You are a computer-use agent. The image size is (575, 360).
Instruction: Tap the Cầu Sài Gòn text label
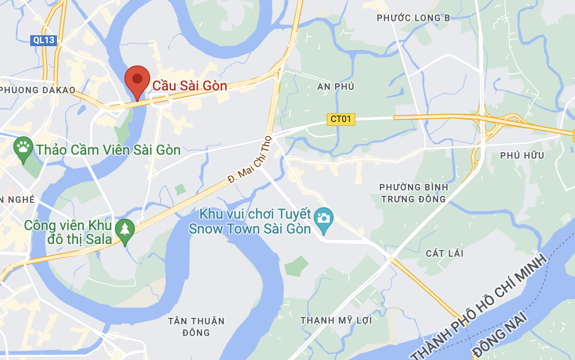coord(189,86)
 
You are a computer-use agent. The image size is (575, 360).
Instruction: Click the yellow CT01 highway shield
coord(341,119)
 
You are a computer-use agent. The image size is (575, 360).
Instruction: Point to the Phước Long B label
coord(413,18)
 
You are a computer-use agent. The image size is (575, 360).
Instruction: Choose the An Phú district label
coord(336,86)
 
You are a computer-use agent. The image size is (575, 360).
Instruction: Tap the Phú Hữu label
coord(522,155)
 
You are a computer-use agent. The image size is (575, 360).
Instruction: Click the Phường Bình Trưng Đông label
coord(413,193)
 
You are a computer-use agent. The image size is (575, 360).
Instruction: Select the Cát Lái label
coord(445,253)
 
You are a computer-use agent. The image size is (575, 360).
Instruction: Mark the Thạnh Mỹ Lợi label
coord(336,320)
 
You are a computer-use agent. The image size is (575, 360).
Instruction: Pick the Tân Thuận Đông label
coord(196,326)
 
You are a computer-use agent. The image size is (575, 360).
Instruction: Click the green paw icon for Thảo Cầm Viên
coord(23,147)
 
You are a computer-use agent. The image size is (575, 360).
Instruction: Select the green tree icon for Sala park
coord(124,230)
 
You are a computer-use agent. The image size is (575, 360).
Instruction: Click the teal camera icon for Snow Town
coord(324,219)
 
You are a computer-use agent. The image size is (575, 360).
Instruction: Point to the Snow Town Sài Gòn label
coord(250,222)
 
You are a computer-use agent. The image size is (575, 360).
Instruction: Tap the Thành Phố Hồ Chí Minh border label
coord(479,308)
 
